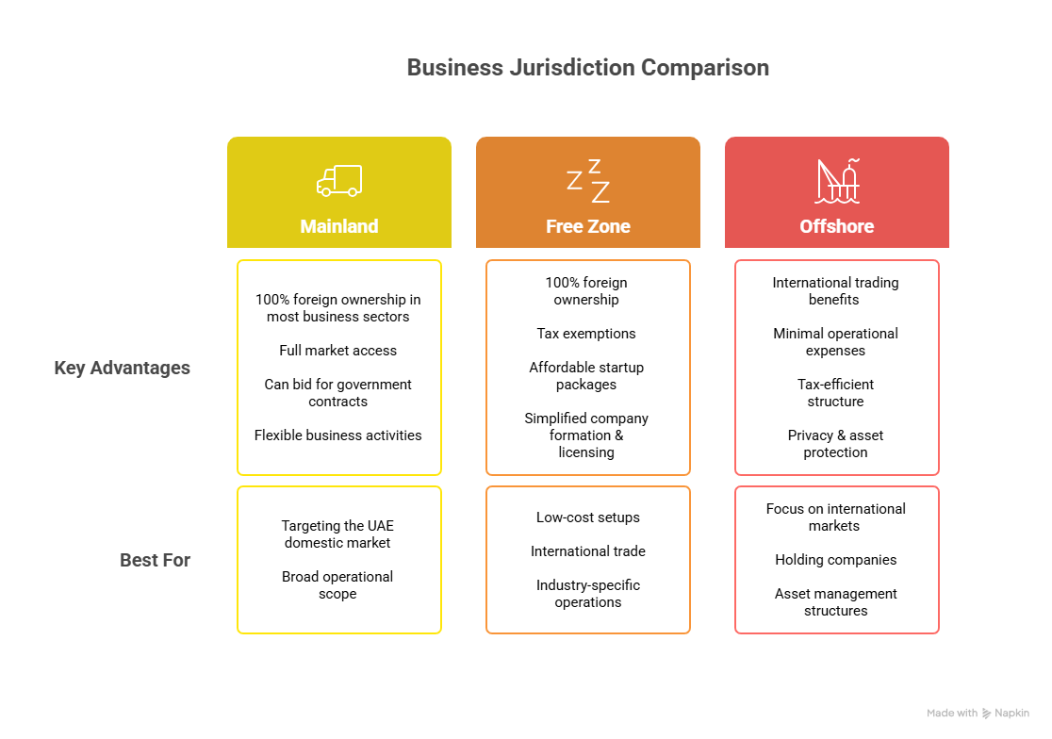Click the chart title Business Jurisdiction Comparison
coord(587,68)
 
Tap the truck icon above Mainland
coord(339,180)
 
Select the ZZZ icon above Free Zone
coord(588,181)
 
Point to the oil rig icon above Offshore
coord(837,180)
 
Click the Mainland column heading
coord(339,226)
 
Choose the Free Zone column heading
coord(588,226)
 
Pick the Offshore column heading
coord(837,226)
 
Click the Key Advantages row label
coord(123,368)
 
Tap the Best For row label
coord(156,560)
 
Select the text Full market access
coord(338,351)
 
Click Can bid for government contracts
coord(338,393)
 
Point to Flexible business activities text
coord(338,435)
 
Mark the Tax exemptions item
coord(586,334)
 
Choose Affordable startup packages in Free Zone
coord(586,376)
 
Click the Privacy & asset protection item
coord(836,444)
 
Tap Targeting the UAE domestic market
coord(337,534)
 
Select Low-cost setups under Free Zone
coord(588,517)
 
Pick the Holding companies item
coord(836,560)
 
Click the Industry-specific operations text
coord(588,594)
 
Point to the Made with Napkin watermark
coord(978,714)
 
